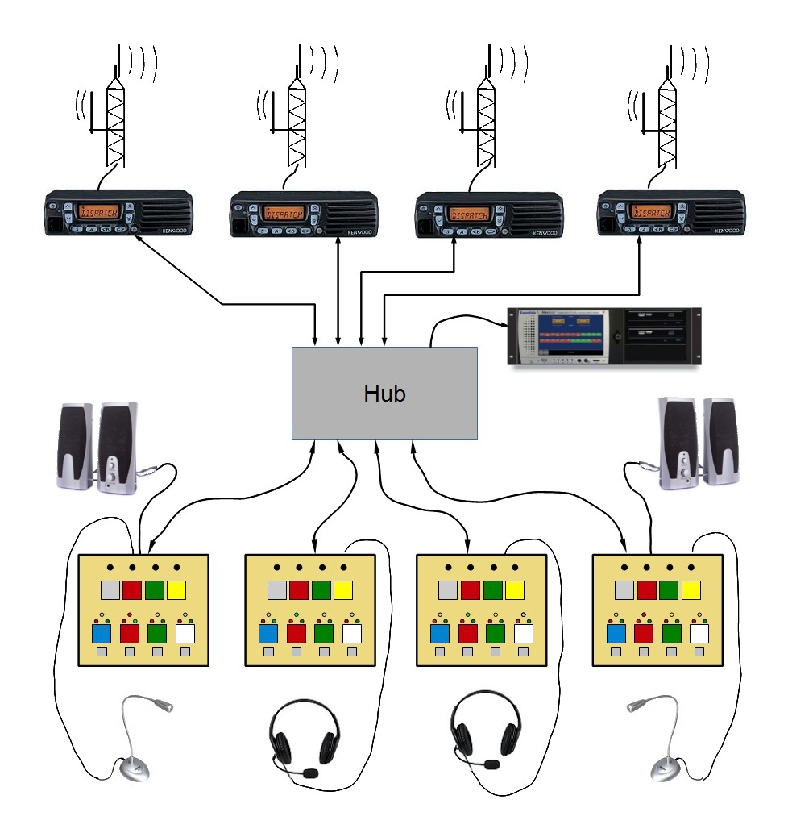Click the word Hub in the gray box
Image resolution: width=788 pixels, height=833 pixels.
[384, 394]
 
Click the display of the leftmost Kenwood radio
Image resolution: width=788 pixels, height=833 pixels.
[98, 213]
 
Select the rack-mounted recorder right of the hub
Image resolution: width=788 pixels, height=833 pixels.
[604, 337]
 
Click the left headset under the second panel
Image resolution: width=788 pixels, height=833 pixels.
[302, 733]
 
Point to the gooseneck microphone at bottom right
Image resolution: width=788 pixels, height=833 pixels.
[657, 742]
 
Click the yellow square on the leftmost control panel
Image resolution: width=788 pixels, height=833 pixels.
[176, 589]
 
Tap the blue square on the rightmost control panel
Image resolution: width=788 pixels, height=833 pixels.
[616, 633]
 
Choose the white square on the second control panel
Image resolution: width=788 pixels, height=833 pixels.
[350, 633]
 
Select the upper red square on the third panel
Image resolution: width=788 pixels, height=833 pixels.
[471, 589]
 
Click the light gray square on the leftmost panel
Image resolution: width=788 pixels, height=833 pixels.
[110, 589]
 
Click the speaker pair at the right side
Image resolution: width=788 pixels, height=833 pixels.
[698, 443]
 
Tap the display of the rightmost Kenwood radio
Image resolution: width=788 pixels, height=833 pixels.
[651, 213]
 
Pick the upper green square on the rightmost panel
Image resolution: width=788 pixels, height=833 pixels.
[668, 589]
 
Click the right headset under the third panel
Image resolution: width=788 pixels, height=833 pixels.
[484, 733]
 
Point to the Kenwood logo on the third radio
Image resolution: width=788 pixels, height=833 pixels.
[544, 232]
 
